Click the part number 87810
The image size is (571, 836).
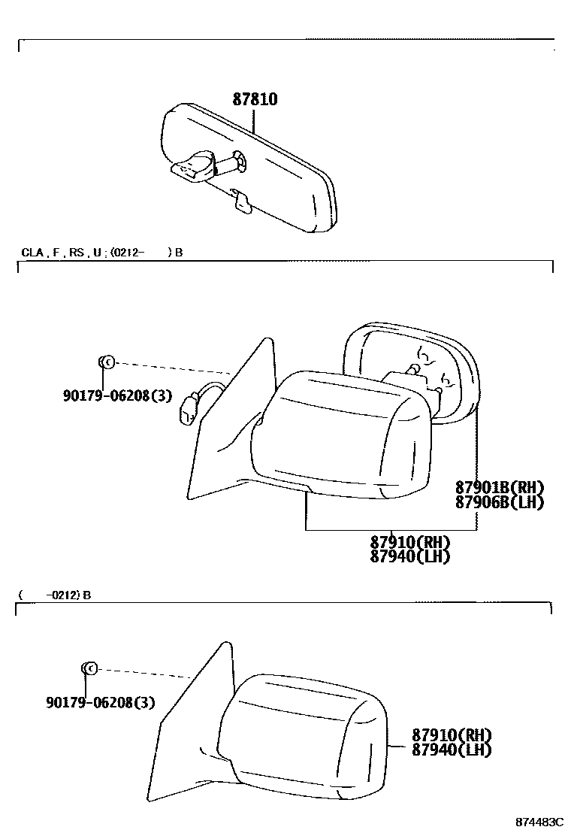254,99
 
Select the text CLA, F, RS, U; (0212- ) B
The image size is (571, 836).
101,253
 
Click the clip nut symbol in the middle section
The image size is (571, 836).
106,362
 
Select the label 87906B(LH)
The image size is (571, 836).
500,502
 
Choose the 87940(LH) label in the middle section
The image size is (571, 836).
410,556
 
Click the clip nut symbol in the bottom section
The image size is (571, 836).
87,668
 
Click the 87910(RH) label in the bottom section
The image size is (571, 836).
452,735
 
